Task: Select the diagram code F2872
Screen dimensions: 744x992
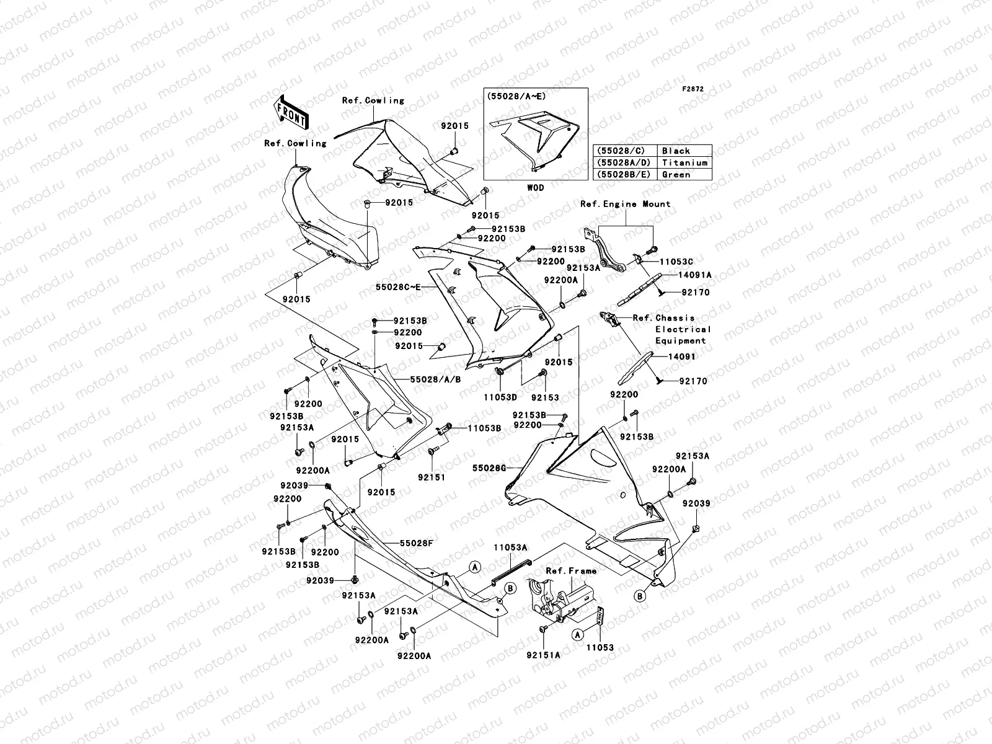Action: tap(693, 89)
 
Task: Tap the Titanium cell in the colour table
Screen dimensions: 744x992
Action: tap(684, 162)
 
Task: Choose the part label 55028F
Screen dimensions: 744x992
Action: tap(416, 544)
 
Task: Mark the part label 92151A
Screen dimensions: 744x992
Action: tap(542, 655)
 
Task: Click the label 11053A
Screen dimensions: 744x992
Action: tap(510, 547)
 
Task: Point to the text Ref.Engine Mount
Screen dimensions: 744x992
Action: tap(625, 204)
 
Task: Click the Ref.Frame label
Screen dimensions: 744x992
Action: tap(571, 571)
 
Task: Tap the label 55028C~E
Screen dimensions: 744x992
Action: tap(397, 287)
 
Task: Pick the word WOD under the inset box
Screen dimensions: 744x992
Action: tap(536, 187)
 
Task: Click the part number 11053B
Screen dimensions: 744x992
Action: tap(484, 428)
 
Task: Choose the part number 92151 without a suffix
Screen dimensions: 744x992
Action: tap(432, 477)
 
